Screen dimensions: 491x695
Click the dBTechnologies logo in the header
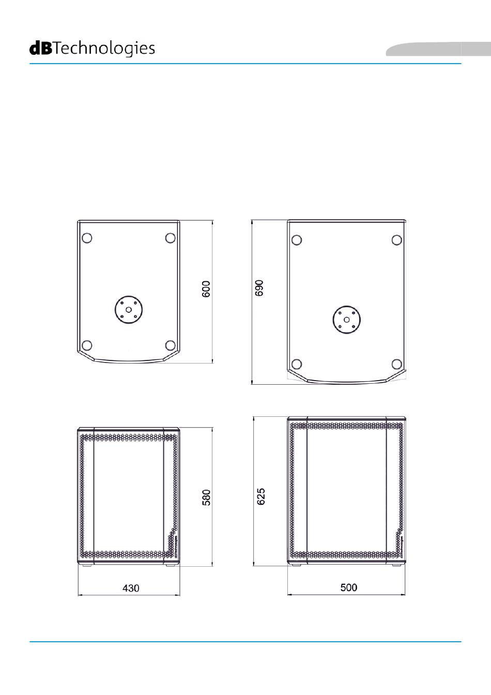pos(92,49)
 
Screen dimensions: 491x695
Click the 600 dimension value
pos(206,289)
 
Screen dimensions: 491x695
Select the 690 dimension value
pos(259,288)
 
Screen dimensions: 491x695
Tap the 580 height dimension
pos(206,497)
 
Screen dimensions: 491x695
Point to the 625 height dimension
pos(261,496)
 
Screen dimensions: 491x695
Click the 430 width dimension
pos(131,588)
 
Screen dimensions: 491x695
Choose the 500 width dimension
pos(349,587)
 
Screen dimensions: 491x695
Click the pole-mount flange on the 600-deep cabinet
pos(129,310)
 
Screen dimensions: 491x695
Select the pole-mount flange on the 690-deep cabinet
pos(347,320)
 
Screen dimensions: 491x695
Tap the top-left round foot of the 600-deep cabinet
pos(87,238)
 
